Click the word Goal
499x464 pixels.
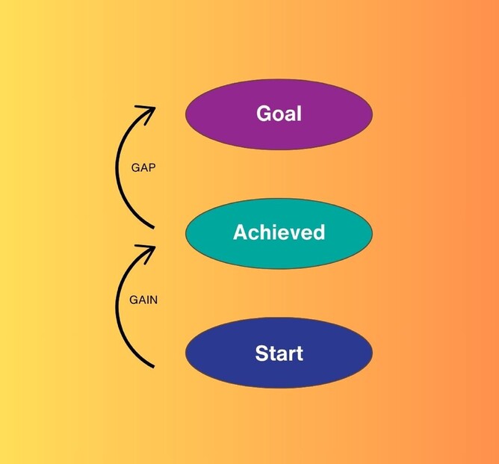[279, 114]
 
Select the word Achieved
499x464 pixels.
[279, 232]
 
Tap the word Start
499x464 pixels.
[279, 353]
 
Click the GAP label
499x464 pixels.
[143, 168]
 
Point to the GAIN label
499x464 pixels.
[143, 300]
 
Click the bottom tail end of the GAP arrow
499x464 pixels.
[152, 226]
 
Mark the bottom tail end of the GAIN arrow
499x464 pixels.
[152, 366]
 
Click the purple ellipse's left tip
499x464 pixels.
[187, 114]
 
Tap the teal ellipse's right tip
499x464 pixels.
[371, 232]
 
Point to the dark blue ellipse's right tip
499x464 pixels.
[371, 353]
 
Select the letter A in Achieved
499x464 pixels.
[240, 232]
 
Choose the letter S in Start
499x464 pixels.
[262, 353]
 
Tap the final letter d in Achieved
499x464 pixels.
[319, 232]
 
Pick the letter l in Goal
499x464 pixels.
[299, 114]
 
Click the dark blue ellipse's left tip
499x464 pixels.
[187, 353]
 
